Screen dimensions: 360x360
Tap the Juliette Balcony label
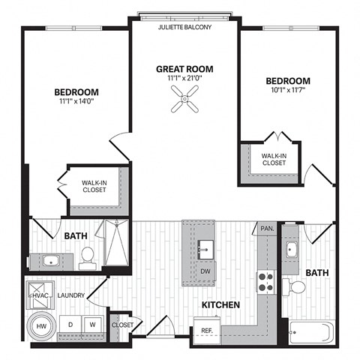pos(184,28)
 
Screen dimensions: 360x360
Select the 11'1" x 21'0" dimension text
pos(184,77)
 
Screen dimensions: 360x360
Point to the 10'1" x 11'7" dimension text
pos(288,92)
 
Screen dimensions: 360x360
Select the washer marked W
pos(93,325)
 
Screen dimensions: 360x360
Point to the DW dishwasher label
pos(205,271)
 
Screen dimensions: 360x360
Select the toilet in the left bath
pos(86,256)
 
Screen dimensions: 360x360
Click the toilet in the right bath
pos(295,286)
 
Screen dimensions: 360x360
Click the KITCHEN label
pos(220,305)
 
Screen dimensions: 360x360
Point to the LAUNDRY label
pos(69,295)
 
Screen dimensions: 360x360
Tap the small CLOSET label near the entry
pos(122,325)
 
